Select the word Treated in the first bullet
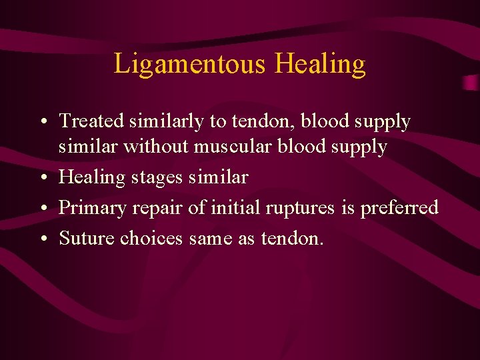point(92,121)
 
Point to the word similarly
point(164,121)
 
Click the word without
point(158,147)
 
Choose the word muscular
point(231,147)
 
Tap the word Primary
point(92,208)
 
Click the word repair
point(160,208)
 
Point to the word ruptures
point(299,208)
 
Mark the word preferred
point(399,208)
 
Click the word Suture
point(87,238)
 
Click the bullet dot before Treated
point(42,123)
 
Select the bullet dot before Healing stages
point(42,179)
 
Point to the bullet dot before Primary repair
point(42,209)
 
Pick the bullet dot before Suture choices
point(42,239)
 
